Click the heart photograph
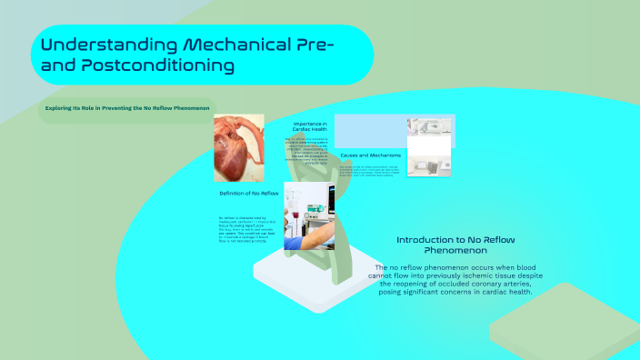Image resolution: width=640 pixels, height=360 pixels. point(238,147)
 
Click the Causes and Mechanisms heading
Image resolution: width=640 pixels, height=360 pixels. point(370,155)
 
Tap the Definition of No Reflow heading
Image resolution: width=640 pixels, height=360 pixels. point(248,194)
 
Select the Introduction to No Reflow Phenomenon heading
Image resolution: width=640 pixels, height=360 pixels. point(444,245)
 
